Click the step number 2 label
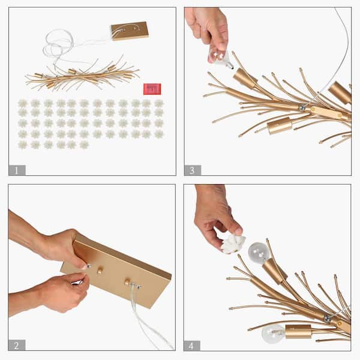(17, 344)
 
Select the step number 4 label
(193, 344)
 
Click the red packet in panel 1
(151, 89)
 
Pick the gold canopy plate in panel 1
(129, 30)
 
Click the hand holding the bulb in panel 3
(208, 27)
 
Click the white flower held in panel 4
(233, 243)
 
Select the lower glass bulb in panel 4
(273, 333)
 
